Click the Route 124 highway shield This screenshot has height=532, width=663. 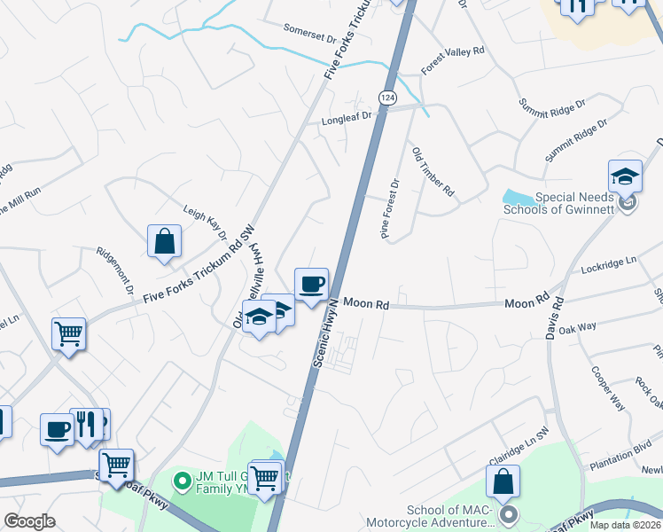pyautogui.click(x=386, y=95)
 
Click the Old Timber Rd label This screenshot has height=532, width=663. pyautogui.click(x=433, y=171)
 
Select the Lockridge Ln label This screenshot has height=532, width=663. pyautogui.click(x=609, y=264)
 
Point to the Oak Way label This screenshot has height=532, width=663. pyautogui.click(x=578, y=328)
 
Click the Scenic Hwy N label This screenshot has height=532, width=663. pyautogui.click(x=325, y=333)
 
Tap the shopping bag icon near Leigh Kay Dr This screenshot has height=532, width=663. pyautogui.click(x=165, y=240)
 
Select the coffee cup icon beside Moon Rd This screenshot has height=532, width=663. pyautogui.click(x=311, y=285)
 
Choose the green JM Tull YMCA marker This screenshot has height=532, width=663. pyautogui.click(x=183, y=482)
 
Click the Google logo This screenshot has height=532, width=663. pyautogui.click(x=29, y=521)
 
